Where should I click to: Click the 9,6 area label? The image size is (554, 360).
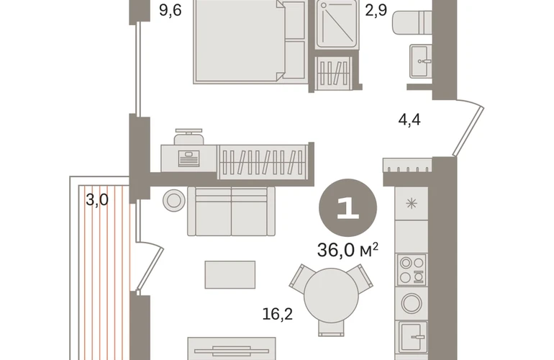[171, 10]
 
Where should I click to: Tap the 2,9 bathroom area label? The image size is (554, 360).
[376, 10]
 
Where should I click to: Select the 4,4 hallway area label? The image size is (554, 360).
[409, 120]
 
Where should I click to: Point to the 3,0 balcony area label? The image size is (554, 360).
[97, 200]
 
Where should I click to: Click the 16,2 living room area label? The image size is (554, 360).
[277, 314]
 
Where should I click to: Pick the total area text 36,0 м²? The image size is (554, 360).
[348, 250]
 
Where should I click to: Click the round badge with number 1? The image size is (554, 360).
[348, 207]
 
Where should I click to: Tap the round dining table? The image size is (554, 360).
[331, 295]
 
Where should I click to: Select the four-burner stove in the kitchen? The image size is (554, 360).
[412, 270]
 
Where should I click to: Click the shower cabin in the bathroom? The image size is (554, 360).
[337, 24]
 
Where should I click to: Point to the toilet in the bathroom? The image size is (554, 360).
[412, 22]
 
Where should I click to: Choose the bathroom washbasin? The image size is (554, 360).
[421, 61]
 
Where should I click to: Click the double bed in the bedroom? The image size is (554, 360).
[250, 42]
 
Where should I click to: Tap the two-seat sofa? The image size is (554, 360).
[231, 212]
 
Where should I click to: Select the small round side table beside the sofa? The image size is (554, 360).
[174, 200]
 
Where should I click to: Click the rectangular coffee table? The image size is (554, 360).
[230, 275]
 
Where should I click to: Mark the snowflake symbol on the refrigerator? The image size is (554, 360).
[412, 204]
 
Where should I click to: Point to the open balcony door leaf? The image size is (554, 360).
[150, 269]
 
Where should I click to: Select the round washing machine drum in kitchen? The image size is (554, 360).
[412, 303]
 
